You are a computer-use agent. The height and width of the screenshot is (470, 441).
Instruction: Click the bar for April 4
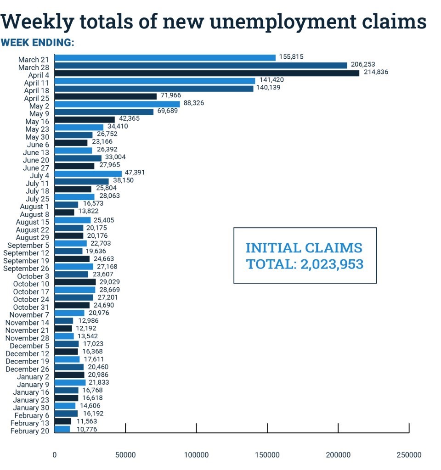tap(207, 73)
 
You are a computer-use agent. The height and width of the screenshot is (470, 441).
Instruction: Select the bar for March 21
tap(165, 58)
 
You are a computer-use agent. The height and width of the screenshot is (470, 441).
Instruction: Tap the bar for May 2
tap(117, 104)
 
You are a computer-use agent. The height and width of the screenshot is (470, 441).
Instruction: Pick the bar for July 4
tap(88, 174)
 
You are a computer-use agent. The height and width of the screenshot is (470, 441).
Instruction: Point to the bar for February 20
tap(62, 429)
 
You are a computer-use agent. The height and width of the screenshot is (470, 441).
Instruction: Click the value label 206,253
tap(363, 65)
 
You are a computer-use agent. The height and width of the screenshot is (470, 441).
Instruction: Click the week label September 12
tap(26, 253)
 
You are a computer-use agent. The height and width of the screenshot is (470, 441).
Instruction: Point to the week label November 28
tap(28, 338)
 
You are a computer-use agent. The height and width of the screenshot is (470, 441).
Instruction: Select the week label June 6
tap(38, 145)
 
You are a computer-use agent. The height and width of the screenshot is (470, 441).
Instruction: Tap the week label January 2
tap(33, 377)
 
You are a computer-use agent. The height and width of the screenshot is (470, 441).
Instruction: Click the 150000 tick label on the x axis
tap(267, 455)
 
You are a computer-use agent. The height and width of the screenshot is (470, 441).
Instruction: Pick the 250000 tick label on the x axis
tap(409, 455)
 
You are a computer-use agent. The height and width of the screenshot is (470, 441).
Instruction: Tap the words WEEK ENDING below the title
tap(38, 43)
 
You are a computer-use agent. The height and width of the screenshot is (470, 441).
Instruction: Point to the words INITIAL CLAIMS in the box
tap(304, 248)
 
